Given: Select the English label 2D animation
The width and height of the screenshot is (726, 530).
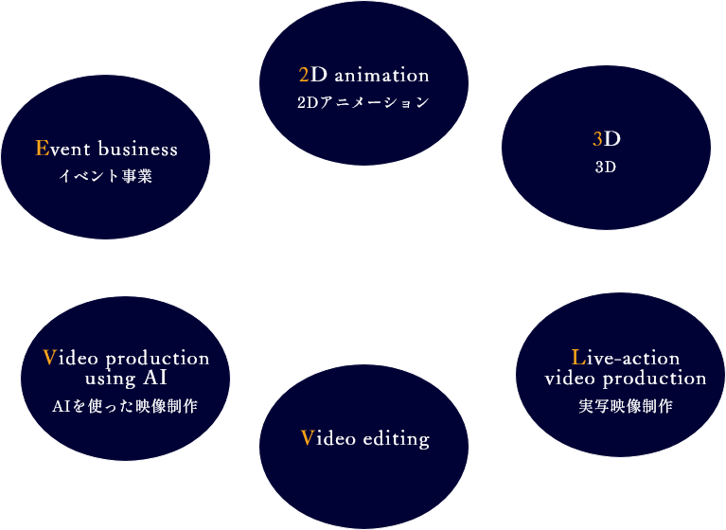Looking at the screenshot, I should click(x=363, y=75).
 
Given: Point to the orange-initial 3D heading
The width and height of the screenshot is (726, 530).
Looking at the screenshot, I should click(x=606, y=139).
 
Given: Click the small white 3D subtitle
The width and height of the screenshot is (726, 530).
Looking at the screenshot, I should click(x=606, y=168).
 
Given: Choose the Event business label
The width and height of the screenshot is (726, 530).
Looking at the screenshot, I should click(x=106, y=149).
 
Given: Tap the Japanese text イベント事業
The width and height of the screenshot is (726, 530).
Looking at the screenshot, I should click(x=106, y=176).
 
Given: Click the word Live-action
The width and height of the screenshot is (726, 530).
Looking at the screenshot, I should click(x=626, y=358).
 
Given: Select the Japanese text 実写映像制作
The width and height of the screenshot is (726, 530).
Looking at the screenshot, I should click(x=626, y=407).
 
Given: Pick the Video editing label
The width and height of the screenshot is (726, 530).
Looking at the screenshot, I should click(x=364, y=438).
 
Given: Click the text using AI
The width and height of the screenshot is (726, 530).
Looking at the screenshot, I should click(x=126, y=379).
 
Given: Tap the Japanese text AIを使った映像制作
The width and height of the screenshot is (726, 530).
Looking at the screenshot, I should click(x=126, y=407).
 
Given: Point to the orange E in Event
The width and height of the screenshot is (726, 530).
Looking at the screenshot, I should click(x=41, y=149).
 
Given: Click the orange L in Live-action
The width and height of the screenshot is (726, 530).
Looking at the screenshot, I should click(x=578, y=357).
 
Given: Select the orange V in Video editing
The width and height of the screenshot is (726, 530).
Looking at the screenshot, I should click(x=307, y=437).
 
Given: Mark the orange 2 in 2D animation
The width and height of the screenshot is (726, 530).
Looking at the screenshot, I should click(x=304, y=75).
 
